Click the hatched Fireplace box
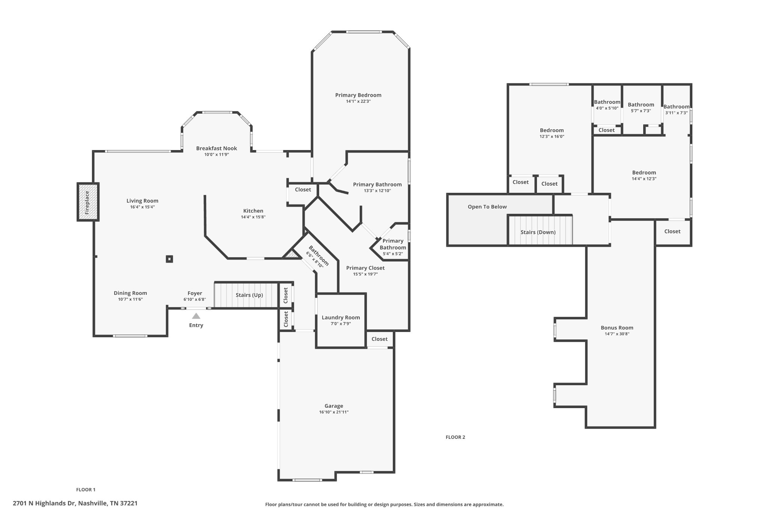tap(88, 202)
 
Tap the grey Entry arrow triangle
tap(196, 316)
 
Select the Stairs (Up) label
tap(249, 295)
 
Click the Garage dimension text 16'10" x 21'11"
tap(334, 412)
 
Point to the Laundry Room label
tap(341, 317)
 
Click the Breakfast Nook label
tap(217, 148)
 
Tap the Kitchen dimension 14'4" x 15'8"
tap(253, 217)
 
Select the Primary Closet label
tap(365, 268)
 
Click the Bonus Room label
tap(617, 327)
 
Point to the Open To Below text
tap(487, 207)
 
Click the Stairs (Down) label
tap(538, 232)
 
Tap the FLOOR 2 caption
tap(455, 437)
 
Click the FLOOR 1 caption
tap(86, 489)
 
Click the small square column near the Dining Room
tap(169, 259)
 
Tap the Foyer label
tap(195, 293)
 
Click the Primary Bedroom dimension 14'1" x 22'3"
tap(358, 101)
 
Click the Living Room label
tap(142, 201)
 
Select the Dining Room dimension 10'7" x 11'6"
tap(130, 299)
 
